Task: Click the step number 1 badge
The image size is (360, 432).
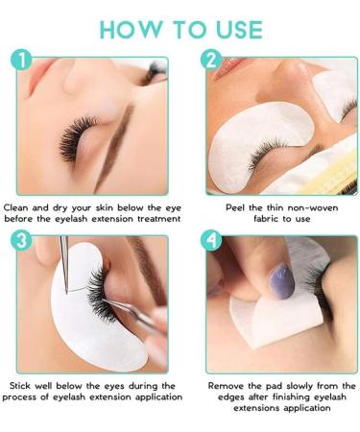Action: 21,60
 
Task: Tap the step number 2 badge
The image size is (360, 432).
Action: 211,60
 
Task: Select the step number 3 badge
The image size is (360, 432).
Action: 21,241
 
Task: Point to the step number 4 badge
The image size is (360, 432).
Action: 211,241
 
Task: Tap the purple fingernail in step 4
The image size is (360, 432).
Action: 281,281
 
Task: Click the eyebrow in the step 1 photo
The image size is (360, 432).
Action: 116,146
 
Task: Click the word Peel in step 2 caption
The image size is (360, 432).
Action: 235,207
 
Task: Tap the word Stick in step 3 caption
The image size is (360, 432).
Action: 20,386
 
